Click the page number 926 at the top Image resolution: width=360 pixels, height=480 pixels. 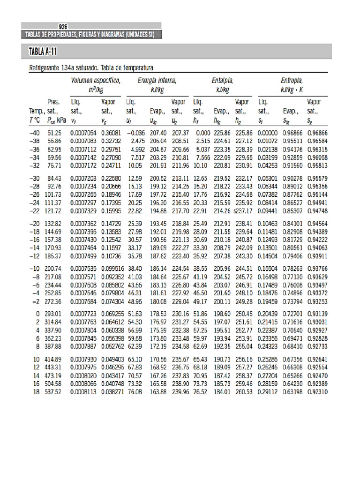click(x=63, y=27)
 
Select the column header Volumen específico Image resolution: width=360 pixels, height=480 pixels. click(x=96, y=81)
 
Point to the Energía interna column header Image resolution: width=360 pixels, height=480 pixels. click(x=157, y=81)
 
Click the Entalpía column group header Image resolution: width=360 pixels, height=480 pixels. click(x=222, y=81)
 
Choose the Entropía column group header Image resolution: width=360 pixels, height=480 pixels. click(x=292, y=81)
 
